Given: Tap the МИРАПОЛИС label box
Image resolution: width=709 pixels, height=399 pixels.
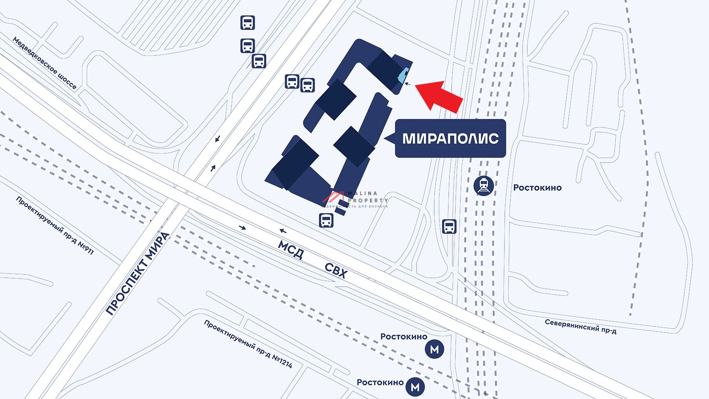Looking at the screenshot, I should (450, 139).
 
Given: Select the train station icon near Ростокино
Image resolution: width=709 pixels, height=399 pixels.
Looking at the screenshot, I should (483, 185).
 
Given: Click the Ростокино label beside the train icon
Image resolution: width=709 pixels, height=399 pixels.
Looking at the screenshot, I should (537, 188).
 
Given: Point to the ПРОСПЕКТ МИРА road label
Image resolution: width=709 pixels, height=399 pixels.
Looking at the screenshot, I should (137, 274).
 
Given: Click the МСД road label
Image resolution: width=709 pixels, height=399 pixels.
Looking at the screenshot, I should (291, 250).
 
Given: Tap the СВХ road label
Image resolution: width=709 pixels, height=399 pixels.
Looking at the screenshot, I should (336, 271).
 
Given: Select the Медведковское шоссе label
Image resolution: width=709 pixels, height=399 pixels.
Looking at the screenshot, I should (45, 63).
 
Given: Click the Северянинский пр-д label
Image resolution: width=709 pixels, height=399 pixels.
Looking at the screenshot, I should (580, 326).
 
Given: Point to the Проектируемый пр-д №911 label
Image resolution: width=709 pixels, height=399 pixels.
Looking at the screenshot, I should (55, 225).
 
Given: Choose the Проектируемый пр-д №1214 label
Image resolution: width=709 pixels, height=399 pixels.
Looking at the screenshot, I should (248, 344).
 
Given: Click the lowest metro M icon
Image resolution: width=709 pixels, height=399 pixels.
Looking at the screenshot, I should (415, 387).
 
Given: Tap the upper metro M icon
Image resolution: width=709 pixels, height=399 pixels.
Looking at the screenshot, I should (434, 349).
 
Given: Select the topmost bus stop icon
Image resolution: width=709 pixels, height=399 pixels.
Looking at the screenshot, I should (247, 23).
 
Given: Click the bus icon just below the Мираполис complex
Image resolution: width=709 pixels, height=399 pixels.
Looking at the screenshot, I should (326, 220).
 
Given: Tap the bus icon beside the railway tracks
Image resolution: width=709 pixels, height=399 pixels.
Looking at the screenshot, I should (449, 226).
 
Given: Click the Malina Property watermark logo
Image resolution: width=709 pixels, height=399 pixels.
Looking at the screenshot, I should (354, 199).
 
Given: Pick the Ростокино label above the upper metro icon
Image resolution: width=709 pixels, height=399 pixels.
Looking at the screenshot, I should (404, 337).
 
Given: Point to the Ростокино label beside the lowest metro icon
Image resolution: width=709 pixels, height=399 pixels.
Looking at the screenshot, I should (380, 382).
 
